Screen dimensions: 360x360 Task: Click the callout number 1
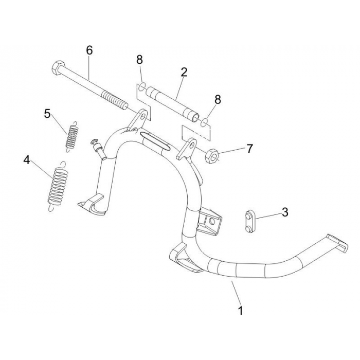(x=240, y=311)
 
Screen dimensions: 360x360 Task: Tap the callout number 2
(x=184, y=72)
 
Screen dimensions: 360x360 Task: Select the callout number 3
(x=284, y=211)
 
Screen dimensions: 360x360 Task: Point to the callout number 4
(x=27, y=160)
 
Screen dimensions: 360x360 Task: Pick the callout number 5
(x=47, y=114)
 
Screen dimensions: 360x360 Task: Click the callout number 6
(x=89, y=50)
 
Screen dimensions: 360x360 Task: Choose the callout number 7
(x=249, y=149)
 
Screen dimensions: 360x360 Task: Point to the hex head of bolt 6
(x=57, y=68)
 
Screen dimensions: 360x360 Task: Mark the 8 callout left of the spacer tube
(x=139, y=60)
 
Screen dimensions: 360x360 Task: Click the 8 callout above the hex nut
(x=218, y=100)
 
